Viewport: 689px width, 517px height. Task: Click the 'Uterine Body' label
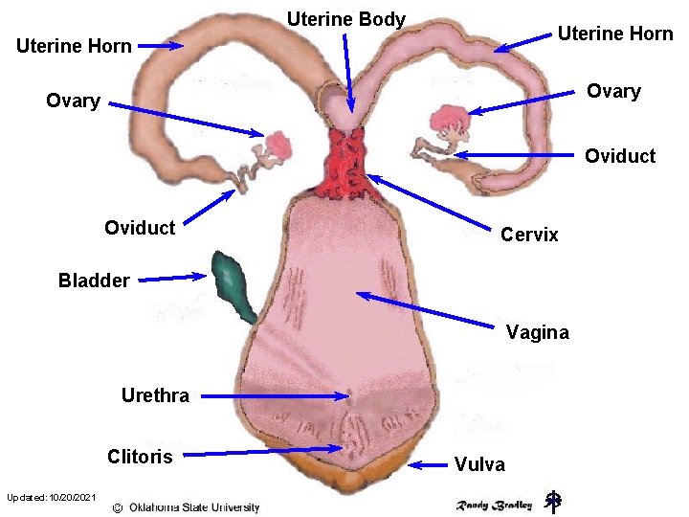(346, 19)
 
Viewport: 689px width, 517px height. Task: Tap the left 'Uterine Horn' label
(74, 46)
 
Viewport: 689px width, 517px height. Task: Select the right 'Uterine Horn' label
(615, 34)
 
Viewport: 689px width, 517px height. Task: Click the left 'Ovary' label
(73, 101)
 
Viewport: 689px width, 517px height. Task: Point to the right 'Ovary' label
(613, 91)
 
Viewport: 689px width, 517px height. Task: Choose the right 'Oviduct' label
(620, 155)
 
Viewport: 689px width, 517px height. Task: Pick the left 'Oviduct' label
(140, 227)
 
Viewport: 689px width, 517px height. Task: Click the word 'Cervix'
(529, 235)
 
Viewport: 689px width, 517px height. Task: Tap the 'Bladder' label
(94, 281)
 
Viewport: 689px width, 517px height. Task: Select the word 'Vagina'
(537, 332)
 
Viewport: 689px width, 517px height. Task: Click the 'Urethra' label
(155, 395)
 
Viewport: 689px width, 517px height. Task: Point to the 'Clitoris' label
(140, 456)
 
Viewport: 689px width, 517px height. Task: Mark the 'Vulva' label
(479, 464)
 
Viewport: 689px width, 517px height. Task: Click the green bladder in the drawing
(233, 283)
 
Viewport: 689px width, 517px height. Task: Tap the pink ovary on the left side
(280, 146)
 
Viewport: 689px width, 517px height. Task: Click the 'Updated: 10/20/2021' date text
(51, 497)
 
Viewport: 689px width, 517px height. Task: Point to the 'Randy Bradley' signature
(493, 505)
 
